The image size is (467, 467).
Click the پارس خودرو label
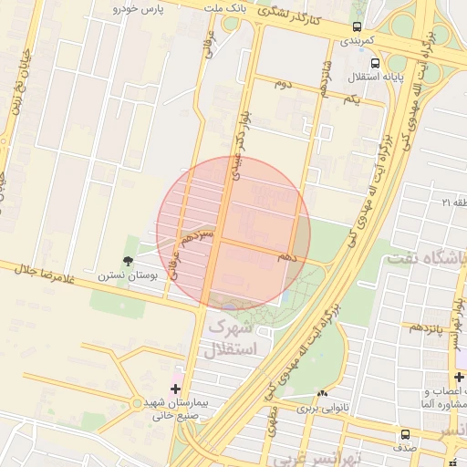143,8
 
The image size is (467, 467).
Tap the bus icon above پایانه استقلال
350,62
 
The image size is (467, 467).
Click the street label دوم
284,83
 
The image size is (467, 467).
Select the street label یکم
352,99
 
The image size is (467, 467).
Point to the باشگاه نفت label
427,258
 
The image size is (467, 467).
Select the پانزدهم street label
425,327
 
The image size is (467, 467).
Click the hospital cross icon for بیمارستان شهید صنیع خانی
175,389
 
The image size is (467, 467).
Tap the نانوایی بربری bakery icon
321,394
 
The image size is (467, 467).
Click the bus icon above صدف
404,434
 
